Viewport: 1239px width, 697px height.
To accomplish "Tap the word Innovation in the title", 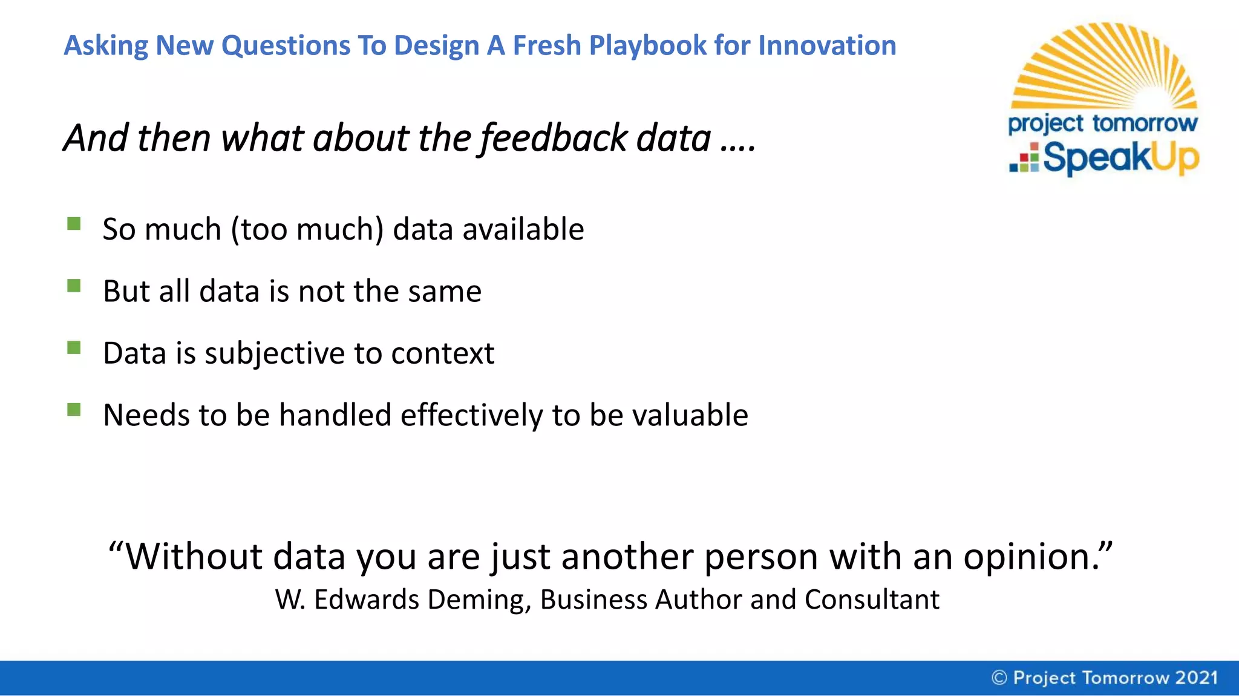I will pos(827,46).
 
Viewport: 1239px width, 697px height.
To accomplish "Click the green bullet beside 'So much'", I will pos(74,224).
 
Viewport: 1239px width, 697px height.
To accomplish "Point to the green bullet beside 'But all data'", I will pos(74,286).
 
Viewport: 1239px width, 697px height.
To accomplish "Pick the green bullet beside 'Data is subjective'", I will pos(74,348).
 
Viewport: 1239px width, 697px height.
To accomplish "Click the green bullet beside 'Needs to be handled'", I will pos(74,410).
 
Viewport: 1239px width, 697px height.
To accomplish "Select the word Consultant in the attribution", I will pos(872,600).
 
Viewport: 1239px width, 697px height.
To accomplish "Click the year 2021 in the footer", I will pos(1196,678).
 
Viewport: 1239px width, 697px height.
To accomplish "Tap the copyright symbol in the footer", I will pos(999,678).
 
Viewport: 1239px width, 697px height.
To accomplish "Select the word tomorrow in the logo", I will pos(1145,123).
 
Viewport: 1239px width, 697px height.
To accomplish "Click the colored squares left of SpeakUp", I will pos(1024,159).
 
